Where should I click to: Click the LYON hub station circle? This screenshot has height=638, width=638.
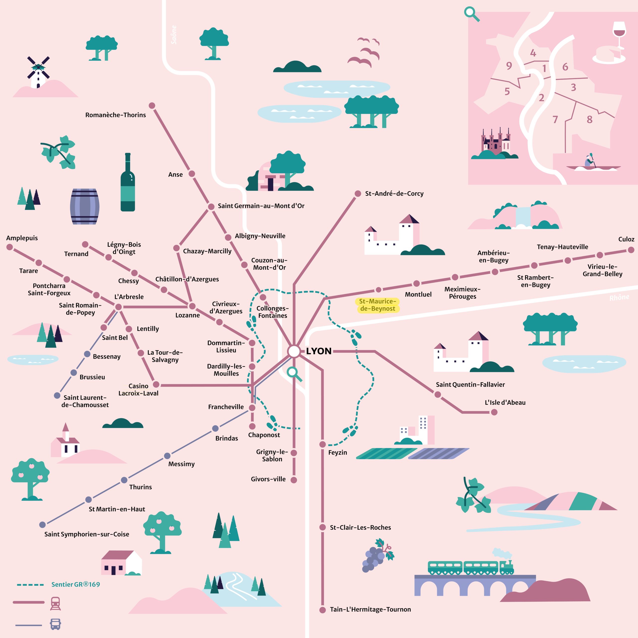pyautogui.click(x=294, y=351)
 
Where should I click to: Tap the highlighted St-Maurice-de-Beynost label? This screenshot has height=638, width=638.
pyautogui.click(x=378, y=305)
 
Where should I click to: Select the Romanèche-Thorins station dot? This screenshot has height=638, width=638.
pyautogui.click(x=152, y=106)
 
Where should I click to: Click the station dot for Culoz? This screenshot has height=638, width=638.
pyautogui.click(x=631, y=250)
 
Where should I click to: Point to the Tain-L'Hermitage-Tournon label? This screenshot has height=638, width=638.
pyautogui.click(x=370, y=609)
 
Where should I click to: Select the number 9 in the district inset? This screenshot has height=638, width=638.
pyautogui.click(x=509, y=66)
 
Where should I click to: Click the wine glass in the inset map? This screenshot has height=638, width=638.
pyautogui.click(x=619, y=33)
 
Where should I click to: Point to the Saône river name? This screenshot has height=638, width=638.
pyautogui.click(x=174, y=35)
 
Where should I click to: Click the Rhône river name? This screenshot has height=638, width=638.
pyautogui.click(x=619, y=298)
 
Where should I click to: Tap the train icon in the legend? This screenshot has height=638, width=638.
pyautogui.click(x=56, y=603)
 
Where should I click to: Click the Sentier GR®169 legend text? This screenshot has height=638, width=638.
pyautogui.click(x=76, y=584)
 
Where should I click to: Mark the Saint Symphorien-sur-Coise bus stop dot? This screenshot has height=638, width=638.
pyautogui.click(x=43, y=524)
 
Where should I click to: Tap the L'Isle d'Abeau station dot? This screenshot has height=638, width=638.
pyautogui.click(x=494, y=412)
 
